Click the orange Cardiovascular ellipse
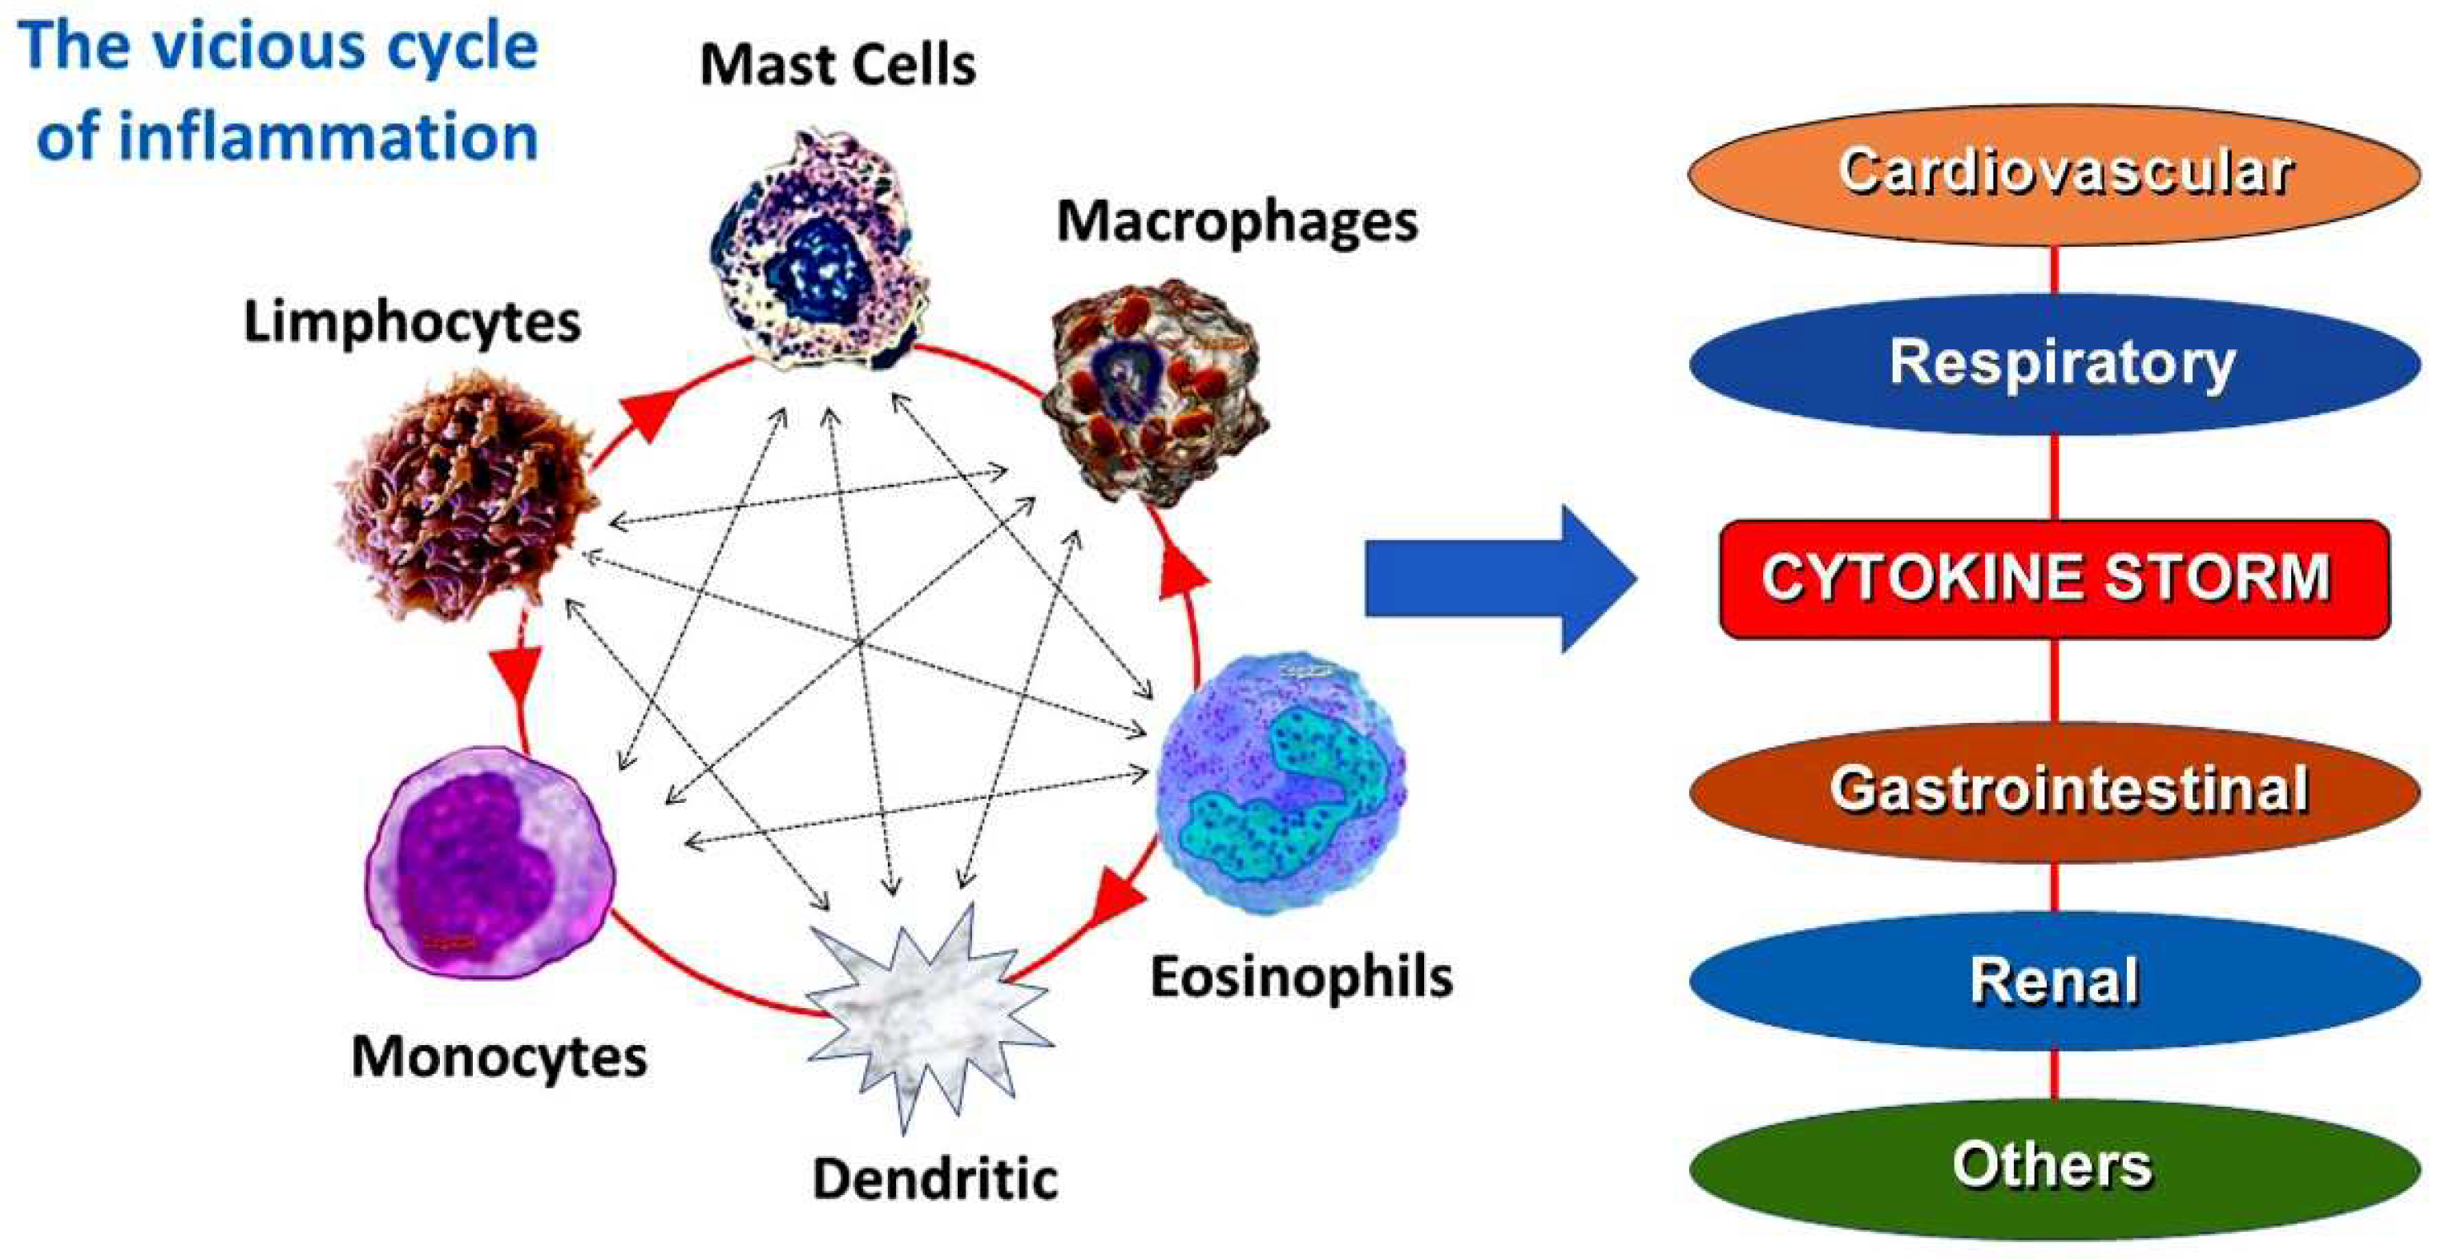[2055, 176]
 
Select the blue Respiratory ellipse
[2055, 365]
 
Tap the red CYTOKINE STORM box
[2055, 578]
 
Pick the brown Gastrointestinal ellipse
[2055, 791]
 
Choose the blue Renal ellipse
[2055, 980]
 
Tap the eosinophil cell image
[1281, 781]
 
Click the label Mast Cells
[837, 67]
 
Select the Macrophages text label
[1237, 224]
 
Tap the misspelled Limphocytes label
[412, 323]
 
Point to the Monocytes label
[499, 1057]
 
